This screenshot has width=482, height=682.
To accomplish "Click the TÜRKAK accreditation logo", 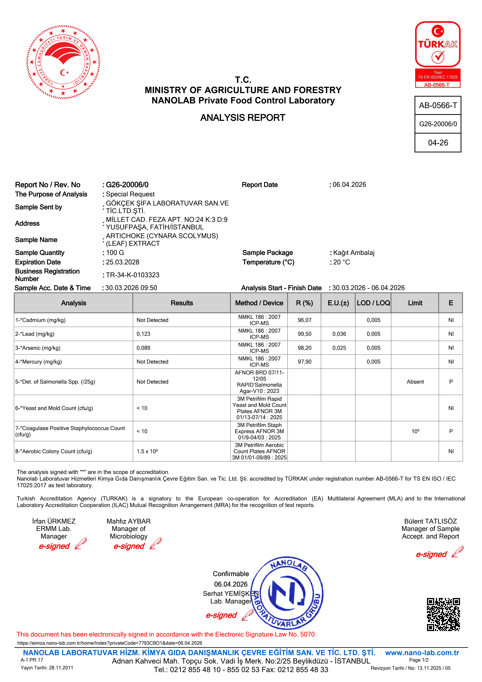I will pyautogui.click(x=437, y=54).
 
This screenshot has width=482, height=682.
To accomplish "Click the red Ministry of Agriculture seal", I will pyautogui.click(x=63, y=62).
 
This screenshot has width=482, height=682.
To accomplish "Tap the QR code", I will pyautogui.click(x=443, y=614).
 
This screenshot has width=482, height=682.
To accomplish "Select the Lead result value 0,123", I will pyautogui.click(x=143, y=334).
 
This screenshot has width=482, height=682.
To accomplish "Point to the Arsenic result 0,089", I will pyautogui.click(x=143, y=348).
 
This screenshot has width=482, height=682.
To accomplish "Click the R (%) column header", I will pyautogui.click(x=304, y=303).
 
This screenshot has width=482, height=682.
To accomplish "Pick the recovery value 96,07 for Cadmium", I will pyautogui.click(x=304, y=320).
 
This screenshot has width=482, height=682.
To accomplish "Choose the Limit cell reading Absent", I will pyautogui.click(x=415, y=382).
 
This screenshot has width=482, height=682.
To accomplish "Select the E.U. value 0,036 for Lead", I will pyautogui.click(x=339, y=334).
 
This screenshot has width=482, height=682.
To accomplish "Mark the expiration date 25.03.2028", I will pyautogui.click(x=123, y=262).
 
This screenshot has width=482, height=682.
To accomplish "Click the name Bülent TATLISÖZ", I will pyautogui.click(x=430, y=521).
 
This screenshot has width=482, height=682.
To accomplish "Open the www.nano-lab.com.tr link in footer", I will pyautogui.click(x=422, y=653).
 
